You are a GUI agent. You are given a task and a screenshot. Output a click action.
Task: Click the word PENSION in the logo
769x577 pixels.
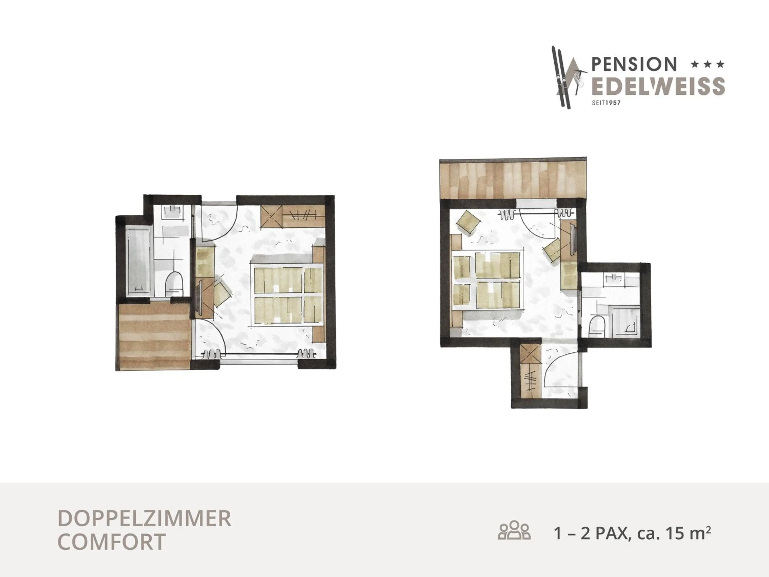634,64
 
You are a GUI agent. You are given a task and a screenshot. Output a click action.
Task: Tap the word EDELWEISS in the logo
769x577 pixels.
658,86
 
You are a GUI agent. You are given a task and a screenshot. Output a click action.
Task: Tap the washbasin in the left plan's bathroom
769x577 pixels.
173,212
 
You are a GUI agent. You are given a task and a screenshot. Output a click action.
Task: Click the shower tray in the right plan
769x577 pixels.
625,320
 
